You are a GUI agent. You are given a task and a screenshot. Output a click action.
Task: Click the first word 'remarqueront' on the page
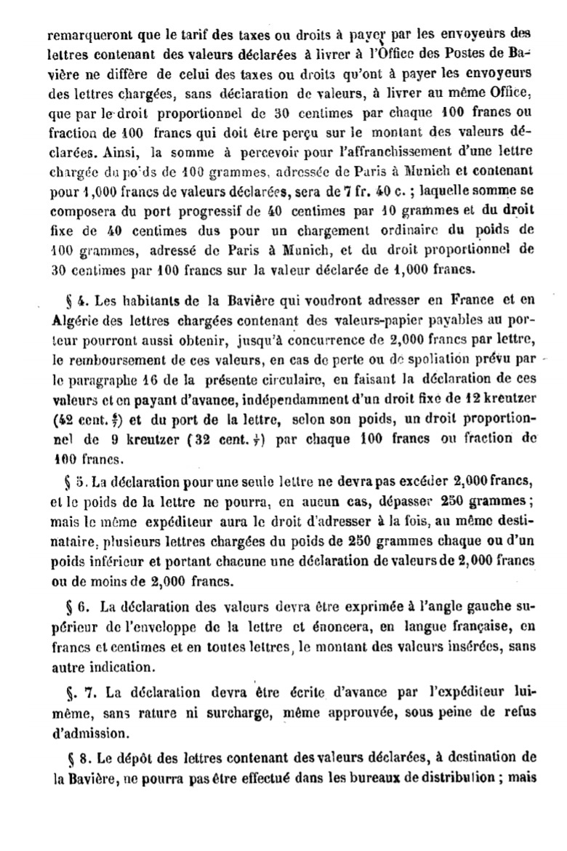(80, 33)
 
